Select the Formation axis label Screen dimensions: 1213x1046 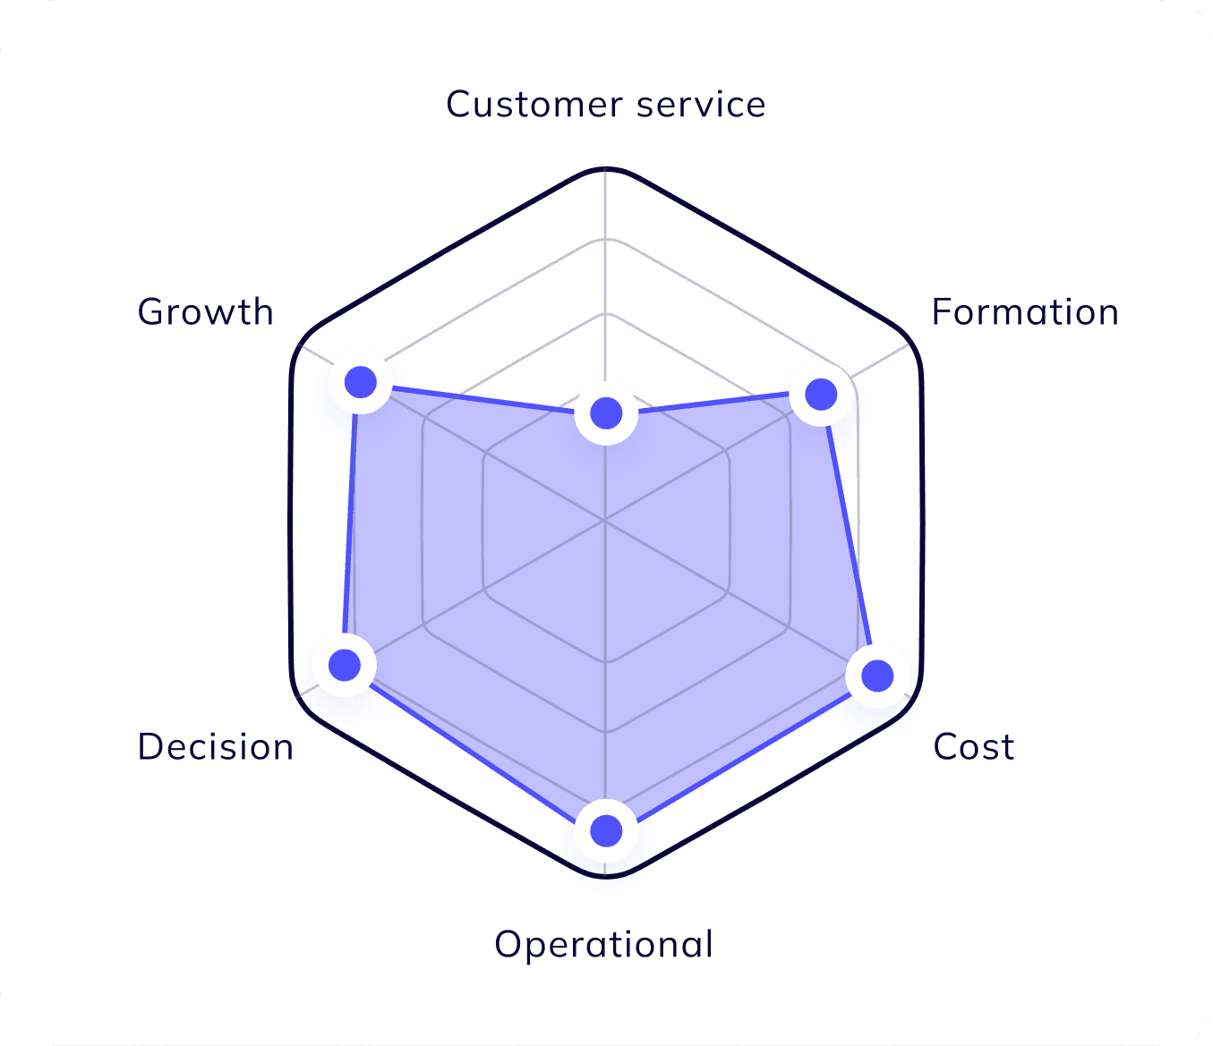(x=1025, y=312)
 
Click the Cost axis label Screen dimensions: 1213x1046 (x=974, y=747)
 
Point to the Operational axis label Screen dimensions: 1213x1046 (x=604, y=945)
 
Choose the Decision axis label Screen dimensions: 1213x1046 (x=216, y=747)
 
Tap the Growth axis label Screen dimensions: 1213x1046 (x=206, y=312)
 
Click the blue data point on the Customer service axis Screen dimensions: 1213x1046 (x=606, y=413)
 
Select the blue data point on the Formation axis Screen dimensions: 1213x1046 (x=821, y=394)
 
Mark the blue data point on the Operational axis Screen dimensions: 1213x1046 (x=606, y=830)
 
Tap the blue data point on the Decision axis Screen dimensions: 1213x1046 (x=345, y=665)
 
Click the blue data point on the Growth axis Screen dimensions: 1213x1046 (x=361, y=382)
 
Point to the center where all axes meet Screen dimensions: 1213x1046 (x=606, y=519)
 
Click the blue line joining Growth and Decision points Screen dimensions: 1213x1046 (x=353, y=523)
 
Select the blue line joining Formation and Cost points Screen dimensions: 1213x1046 (x=849, y=534)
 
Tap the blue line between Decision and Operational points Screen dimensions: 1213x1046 (x=475, y=748)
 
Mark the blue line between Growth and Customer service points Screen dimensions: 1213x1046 (x=483, y=398)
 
